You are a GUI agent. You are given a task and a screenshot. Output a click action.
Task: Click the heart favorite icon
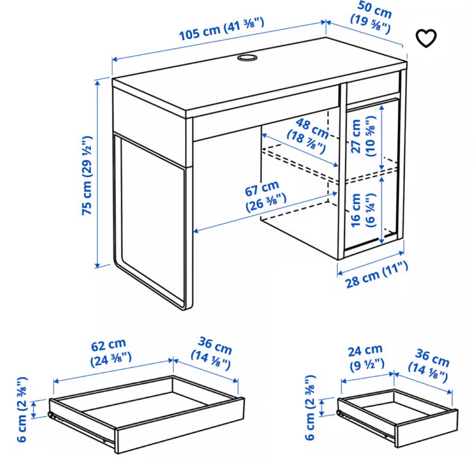(x=426, y=38)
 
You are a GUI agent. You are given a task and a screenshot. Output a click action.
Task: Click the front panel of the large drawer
(x=180, y=425)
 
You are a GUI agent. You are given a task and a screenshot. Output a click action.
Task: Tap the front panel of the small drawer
(x=427, y=428)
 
